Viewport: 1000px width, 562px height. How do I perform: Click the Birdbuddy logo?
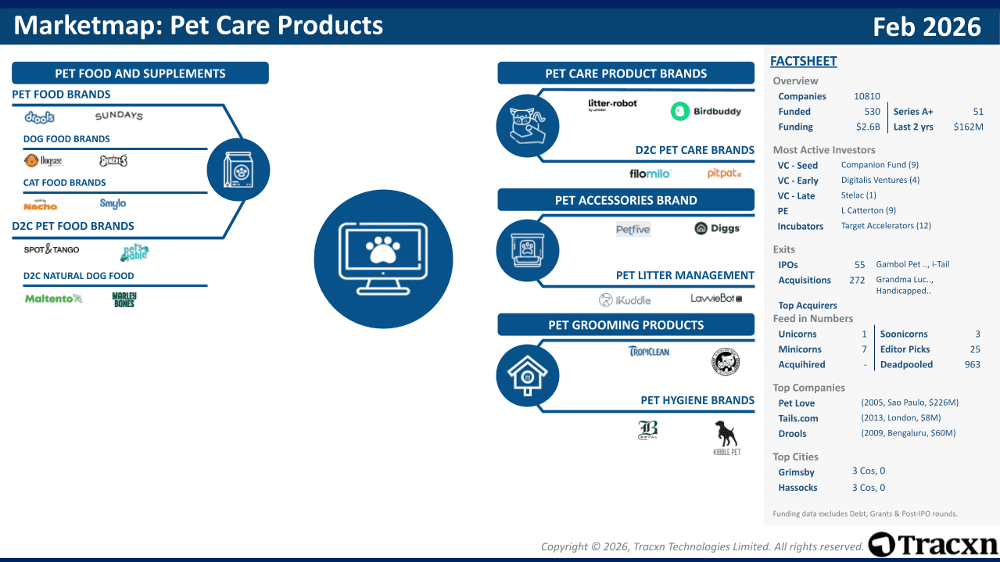point(705,111)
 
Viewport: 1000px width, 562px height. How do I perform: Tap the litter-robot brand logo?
point(612,105)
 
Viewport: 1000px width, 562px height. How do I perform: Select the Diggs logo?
point(717,229)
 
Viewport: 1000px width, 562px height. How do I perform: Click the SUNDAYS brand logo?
point(119,116)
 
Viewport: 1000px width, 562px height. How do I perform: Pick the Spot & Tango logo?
point(52,249)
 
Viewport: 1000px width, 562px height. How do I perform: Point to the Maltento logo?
point(53,299)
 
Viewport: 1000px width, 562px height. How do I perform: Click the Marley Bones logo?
point(124,299)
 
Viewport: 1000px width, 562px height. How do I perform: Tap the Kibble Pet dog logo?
point(726,437)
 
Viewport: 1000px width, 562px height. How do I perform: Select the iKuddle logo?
point(624,300)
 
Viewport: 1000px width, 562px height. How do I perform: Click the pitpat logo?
point(724,174)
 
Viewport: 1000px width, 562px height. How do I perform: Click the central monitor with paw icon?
point(383,260)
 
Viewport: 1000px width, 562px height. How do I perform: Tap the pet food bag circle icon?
point(238,170)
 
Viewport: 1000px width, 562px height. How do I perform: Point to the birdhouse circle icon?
point(528,375)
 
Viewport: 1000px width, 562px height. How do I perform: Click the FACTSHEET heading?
point(803,61)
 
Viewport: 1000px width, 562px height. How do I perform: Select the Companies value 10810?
point(866,96)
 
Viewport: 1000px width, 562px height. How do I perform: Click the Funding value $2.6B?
point(868,127)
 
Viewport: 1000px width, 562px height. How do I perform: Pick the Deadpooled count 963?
point(972,364)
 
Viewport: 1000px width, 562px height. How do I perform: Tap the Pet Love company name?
point(796,403)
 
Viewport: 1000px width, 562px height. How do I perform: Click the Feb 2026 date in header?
point(927,27)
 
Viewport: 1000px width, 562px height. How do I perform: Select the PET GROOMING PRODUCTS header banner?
point(625,325)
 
